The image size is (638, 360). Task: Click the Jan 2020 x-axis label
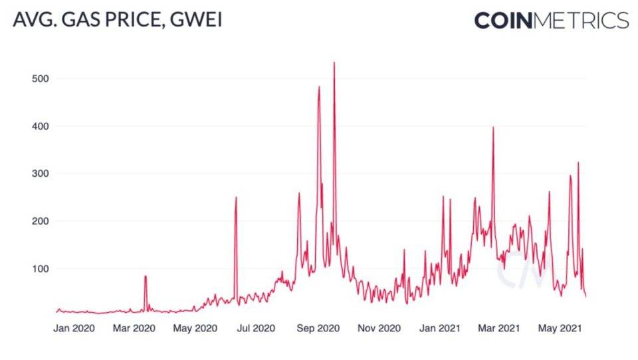click(74, 328)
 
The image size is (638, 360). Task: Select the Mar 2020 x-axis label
click(135, 328)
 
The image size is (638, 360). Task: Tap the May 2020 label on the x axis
click(195, 328)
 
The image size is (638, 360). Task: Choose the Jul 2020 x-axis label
click(256, 328)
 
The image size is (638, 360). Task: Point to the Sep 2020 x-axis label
click(318, 328)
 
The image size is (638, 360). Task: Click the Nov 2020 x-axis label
click(379, 328)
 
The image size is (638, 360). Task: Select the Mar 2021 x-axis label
click(498, 328)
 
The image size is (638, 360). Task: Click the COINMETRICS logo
click(551, 20)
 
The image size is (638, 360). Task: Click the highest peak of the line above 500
click(334, 63)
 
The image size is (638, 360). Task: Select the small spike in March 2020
click(145, 276)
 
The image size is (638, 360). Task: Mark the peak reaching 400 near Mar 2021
click(493, 128)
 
